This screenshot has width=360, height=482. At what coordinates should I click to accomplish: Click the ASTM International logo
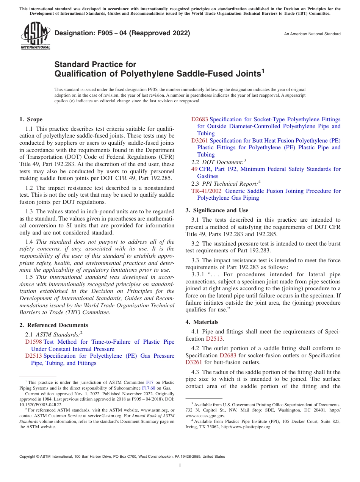[35, 36]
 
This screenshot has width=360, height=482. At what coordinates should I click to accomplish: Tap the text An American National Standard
[312, 34]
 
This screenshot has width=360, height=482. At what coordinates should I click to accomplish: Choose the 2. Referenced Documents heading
[53, 325]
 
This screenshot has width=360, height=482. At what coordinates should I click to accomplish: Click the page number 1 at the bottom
[180, 466]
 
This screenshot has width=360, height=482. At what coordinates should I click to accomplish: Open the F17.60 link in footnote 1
[149, 388]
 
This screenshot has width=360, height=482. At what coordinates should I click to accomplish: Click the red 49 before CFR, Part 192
[194, 169]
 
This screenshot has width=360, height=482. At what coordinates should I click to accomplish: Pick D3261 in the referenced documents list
[199, 141]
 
